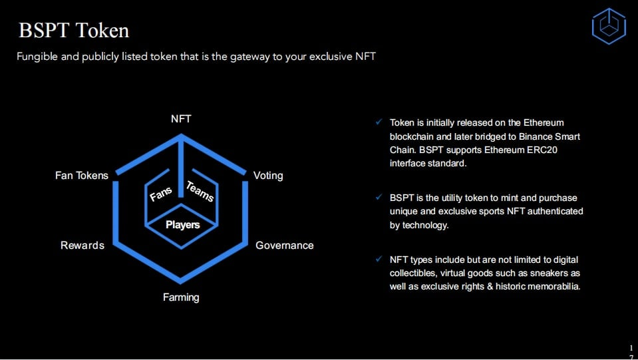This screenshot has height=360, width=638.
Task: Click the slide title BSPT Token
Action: pyautogui.click(x=74, y=30)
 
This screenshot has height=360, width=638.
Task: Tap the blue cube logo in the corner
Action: pyautogui.click(x=609, y=27)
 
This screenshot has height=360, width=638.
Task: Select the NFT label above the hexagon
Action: pyautogui.click(x=181, y=119)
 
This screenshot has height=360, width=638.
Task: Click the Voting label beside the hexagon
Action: pyautogui.click(x=268, y=176)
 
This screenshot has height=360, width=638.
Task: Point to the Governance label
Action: pyautogui.click(x=285, y=246)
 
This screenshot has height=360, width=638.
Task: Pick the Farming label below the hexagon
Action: pyautogui.click(x=181, y=297)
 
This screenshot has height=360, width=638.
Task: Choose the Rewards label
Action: pyautogui.click(x=82, y=246)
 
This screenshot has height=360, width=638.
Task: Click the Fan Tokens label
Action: pyautogui.click(x=81, y=176)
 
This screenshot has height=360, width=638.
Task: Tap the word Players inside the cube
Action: pyautogui.click(x=182, y=225)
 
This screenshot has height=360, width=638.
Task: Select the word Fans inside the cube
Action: pyautogui.click(x=161, y=194)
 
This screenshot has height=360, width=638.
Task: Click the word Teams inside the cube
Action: pyautogui.click(x=200, y=192)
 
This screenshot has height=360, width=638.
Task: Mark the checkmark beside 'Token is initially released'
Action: pyautogui.click(x=379, y=122)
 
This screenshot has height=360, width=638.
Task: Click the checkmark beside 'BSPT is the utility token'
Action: pyautogui.click(x=379, y=198)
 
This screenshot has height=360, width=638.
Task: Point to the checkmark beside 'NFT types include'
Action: pyautogui.click(x=379, y=259)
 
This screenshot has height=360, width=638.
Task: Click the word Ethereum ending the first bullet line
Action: pyautogui.click(x=544, y=123)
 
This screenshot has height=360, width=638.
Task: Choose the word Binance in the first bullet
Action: pyautogui.click(x=514, y=136)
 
